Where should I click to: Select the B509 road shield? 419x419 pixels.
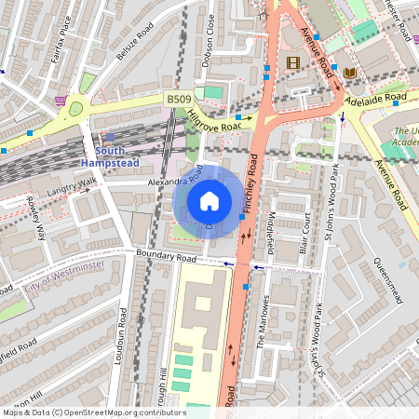coord(180,99)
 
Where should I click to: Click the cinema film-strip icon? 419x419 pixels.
coord(294,63)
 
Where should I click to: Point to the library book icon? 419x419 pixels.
coord(350,73)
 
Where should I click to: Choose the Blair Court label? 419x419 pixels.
coord(303,234)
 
